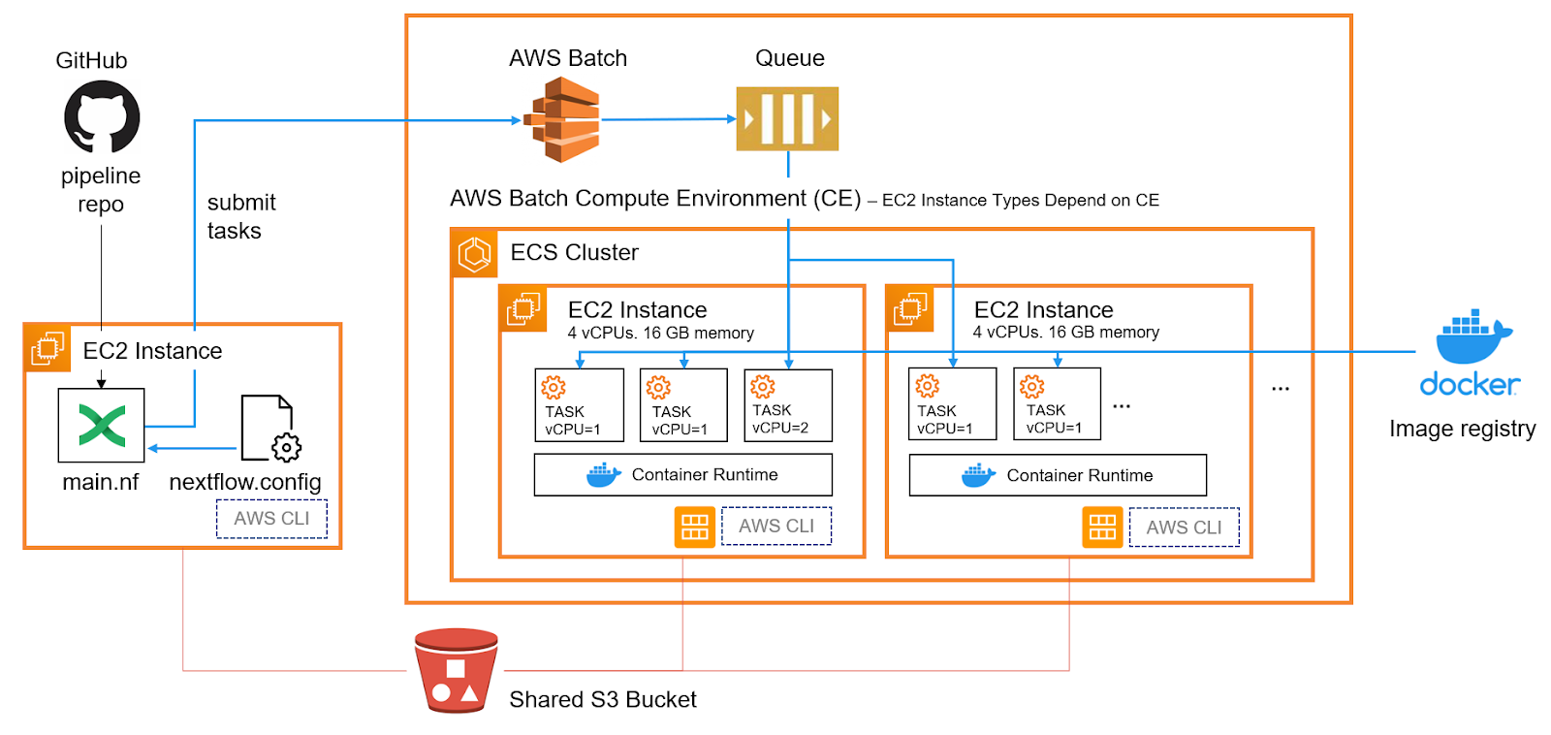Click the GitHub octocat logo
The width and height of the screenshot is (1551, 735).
[102, 116]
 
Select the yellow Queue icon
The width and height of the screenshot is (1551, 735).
[787, 119]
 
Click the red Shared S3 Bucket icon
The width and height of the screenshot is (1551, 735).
[456, 670]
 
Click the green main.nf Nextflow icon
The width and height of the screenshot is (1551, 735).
[101, 426]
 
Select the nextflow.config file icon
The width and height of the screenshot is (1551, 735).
[270, 429]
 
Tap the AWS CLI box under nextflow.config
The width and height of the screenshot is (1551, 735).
[271, 519]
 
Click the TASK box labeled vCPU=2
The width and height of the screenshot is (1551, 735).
[787, 405]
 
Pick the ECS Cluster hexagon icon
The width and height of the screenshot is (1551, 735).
[475, 254]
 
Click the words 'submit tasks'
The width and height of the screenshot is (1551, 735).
[240, 216]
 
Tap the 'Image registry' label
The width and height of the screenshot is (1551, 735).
[1462, 429]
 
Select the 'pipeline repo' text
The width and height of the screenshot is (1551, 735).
[101, 190]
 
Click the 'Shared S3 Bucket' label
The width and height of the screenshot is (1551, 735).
[602, 700]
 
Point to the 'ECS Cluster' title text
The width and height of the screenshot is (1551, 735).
[574, 253]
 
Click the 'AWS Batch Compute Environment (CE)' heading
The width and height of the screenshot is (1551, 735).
[655, 199]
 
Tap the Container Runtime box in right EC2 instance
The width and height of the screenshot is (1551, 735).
[1058, 475]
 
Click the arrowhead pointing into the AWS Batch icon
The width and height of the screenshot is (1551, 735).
[517, 121]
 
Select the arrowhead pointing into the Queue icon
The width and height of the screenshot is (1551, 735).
[732, 119]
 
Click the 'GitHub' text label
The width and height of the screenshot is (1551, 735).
[91, 61]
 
